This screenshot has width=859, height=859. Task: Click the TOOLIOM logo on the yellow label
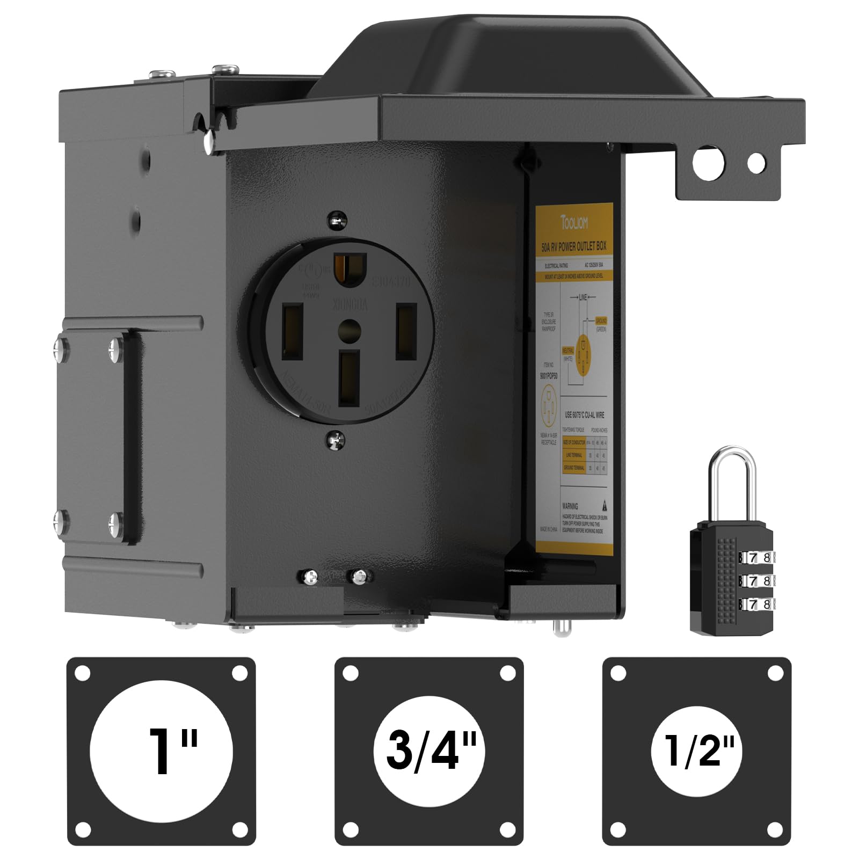pos(573,221)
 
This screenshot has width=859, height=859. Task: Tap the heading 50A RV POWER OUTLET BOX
pos(574,247)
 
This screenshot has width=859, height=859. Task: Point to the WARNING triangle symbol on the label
pos(605,505)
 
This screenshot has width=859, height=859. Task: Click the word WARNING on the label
pos(570,506)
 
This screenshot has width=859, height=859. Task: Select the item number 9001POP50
pos(549,376)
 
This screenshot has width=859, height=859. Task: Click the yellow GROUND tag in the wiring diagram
pos(601,321)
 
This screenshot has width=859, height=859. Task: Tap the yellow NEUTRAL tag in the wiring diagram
pos(568,350)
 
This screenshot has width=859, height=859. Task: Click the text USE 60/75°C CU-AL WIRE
pos(584,415)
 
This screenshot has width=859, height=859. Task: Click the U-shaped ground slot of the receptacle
pos(350,268)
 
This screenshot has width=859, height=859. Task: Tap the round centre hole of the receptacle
pos(350,328)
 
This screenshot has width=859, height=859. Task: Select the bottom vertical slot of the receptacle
pos(349,378)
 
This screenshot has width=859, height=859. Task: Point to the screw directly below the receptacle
pos(337,440)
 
